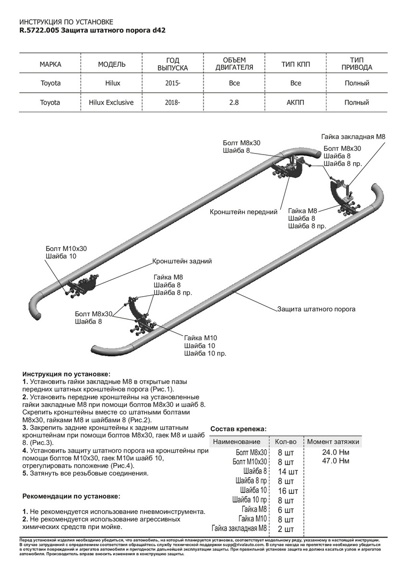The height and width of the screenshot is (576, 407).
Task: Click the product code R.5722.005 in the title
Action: [40, 30]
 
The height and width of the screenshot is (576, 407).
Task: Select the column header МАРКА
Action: [50, 64]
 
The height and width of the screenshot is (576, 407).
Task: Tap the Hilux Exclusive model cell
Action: [111, 102]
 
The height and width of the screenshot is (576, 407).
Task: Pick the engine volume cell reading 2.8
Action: [234, 102]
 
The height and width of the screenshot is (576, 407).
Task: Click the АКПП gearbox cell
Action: [296, 102]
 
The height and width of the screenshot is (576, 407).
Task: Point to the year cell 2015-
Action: [173, 83]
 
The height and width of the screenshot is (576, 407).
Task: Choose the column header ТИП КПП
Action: [296, 64]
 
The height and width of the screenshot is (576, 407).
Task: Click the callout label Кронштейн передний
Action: [244, 211]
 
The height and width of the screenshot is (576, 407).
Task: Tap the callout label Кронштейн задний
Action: [182, 262]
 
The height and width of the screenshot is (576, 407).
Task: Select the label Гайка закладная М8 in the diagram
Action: [353, 137]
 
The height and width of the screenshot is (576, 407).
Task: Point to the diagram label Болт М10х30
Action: [66, 249]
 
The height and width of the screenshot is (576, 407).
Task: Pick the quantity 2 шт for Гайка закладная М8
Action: [286, 529]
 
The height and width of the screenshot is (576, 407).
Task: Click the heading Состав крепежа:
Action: [238, 429]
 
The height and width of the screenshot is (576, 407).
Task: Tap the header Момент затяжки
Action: [333, 442]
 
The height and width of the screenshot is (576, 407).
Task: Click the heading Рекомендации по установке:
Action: [72, 496]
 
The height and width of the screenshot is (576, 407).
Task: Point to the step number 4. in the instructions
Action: [25, 451]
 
